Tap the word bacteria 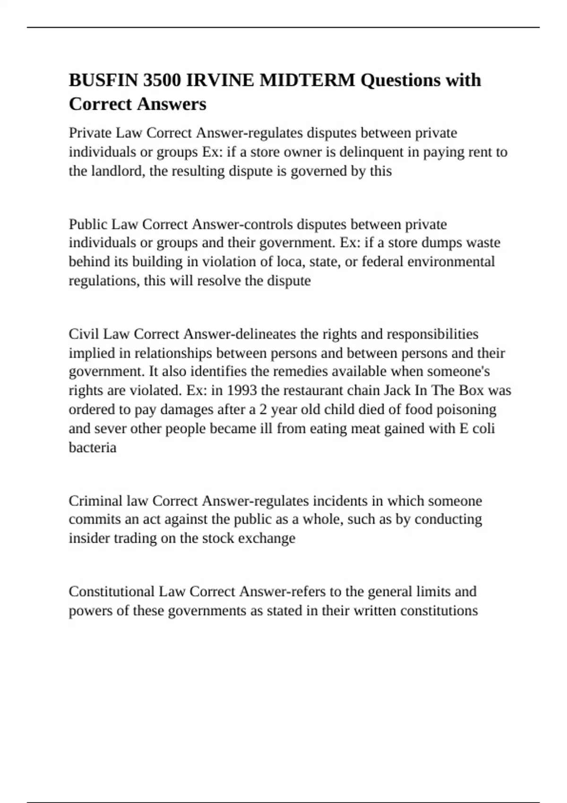[93, 447]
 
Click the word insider [89, 538]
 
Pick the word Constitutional [112, 592]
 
